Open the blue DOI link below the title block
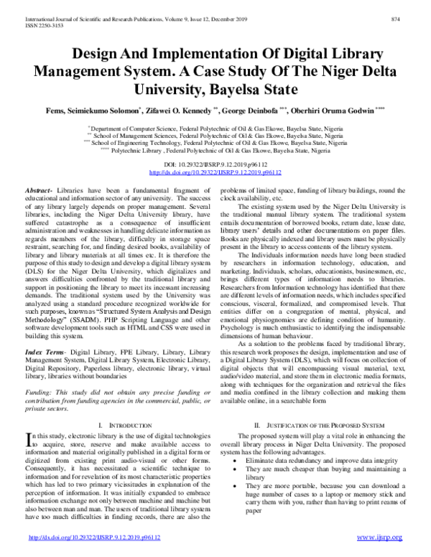215,173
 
